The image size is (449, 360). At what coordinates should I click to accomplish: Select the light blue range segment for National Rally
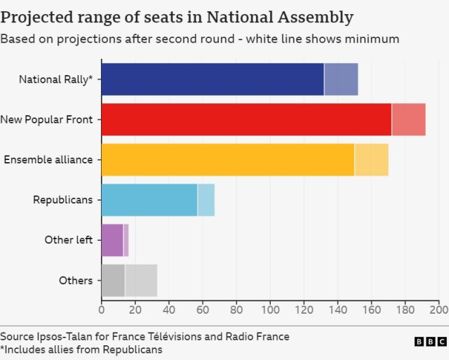coord(341,79)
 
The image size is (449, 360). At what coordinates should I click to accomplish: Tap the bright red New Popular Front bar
coord(246,119)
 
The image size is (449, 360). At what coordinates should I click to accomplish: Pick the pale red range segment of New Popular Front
coord(408,119)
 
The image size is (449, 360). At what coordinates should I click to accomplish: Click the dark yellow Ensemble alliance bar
coord(228,159)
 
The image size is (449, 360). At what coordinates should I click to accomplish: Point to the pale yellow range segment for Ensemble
coord(371,159)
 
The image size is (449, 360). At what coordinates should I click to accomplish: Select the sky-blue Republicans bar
coord(149,200)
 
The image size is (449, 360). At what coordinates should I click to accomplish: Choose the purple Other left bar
coord(112,240)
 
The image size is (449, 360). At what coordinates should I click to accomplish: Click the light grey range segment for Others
coord(141,281)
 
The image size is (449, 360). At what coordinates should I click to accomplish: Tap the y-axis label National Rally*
coord(55,79)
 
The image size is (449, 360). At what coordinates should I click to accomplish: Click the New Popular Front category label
coord(46,119)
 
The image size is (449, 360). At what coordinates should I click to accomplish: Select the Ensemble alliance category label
coord(48,159)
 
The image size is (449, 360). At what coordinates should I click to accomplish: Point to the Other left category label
coord(69,240)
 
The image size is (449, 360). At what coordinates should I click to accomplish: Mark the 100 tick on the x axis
coord(270,309)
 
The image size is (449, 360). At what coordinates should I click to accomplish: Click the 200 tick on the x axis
coord(438,309)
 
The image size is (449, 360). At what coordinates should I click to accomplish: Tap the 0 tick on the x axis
coord(102,309)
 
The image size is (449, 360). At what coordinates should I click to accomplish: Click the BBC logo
coord(429,342)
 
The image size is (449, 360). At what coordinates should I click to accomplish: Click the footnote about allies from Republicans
coord(81,349)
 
